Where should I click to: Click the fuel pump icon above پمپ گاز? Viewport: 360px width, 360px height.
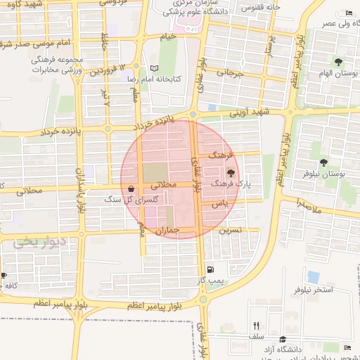(x=210, y=269)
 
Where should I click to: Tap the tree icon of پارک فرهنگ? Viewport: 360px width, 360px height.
(x=231, y=172)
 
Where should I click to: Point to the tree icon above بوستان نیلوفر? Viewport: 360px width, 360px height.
(x=323, y=163)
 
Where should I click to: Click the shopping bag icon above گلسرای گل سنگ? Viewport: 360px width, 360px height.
(x=133, y=189)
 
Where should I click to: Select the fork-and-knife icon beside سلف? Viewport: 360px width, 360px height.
(x=256, y=326)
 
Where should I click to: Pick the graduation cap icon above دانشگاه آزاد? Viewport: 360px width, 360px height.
(x=283, y=339)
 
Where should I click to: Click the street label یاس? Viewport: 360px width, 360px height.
(x=221, y=203)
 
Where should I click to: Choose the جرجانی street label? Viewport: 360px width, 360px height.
(x=229, y=72)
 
